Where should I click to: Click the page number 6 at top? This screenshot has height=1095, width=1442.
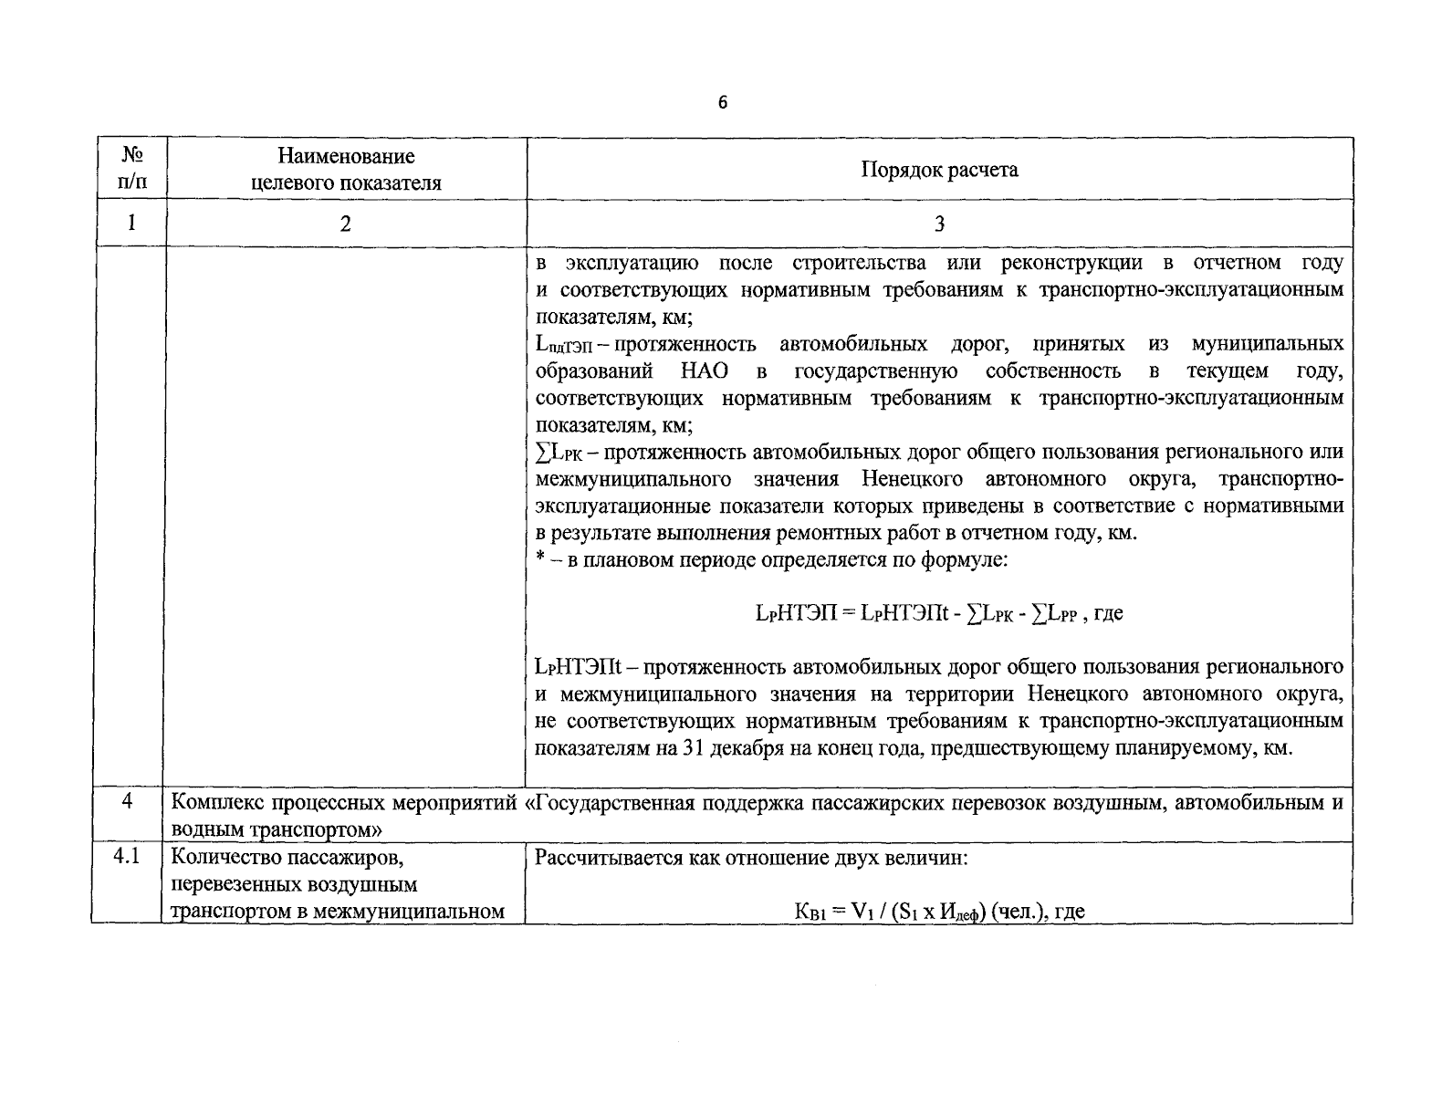coord(723,103)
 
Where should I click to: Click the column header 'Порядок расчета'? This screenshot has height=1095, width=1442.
coord(939,170)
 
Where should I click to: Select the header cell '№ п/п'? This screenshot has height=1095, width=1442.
coord(131,169)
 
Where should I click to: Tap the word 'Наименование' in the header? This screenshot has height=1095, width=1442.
coord(346,157)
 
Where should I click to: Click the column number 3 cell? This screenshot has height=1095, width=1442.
coord(939,224)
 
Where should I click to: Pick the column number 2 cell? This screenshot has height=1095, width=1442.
coord(346,224)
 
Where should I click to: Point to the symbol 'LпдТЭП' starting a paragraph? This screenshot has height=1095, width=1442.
coord(564,345)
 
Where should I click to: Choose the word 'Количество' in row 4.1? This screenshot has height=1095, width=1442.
coord(220,858)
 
